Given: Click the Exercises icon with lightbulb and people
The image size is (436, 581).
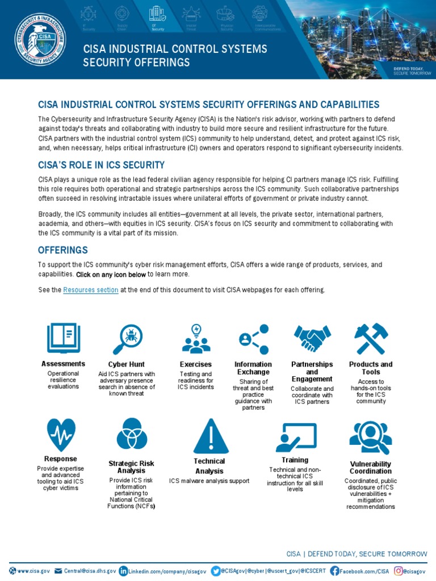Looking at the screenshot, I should tap(196, 339).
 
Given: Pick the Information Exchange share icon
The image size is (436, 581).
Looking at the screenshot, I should tap(253, 339).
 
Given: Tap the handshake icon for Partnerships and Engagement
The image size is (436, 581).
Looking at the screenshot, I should tap(312, 338).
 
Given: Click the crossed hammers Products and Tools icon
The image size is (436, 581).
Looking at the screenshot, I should tap(371, 339).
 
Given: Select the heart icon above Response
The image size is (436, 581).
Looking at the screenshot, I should tap(61, 435).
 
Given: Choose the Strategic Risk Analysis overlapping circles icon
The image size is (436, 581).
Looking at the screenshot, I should tap(132, 434).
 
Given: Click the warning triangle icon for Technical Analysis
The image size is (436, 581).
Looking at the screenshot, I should tap(211, 436).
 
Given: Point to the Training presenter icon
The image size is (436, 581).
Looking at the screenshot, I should tap(295, 436).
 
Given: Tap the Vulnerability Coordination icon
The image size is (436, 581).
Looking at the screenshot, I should tap(370, 437).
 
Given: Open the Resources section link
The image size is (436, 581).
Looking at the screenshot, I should tap(91, 290).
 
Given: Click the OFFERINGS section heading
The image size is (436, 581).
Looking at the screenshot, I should tap(62, 250).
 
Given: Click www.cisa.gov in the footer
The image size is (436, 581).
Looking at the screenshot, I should tap(33, 570).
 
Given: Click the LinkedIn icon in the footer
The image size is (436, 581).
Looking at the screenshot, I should tap(123, 570).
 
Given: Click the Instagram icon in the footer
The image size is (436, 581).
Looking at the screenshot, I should tap(399, 570).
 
